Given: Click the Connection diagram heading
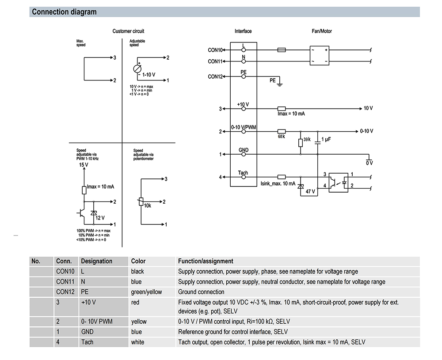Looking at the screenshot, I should point(64,12).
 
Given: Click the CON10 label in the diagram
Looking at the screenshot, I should point(215,50).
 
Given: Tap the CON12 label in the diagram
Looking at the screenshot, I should point(215,76).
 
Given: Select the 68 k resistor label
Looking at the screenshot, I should point(281,137).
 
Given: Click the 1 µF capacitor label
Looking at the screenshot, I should point(326,140).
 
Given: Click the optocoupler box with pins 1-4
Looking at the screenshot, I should point(339,182).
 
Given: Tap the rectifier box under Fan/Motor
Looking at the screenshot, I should point(319,55).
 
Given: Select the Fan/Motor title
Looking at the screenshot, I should point(322,31).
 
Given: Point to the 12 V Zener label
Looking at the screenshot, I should point(100,218).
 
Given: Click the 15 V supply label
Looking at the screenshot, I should point(84,165).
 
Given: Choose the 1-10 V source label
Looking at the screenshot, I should point(149,75).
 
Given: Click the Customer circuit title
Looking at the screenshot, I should point(128,31).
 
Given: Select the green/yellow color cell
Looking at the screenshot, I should point(146,292).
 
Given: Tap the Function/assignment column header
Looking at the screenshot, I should point(206,261).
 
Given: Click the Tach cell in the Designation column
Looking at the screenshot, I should point(87,342).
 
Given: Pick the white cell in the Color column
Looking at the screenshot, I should point(137,342).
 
